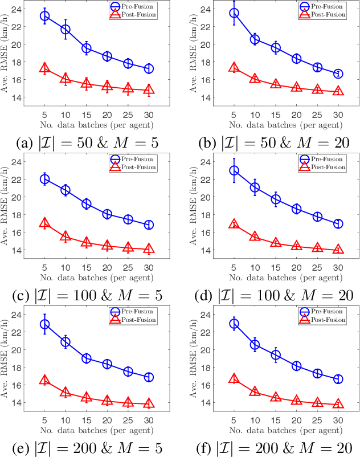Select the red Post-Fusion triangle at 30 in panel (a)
pyautogui.click(x=149, y=89)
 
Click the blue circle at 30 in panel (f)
pyautogui.click(x=338, y=379)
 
